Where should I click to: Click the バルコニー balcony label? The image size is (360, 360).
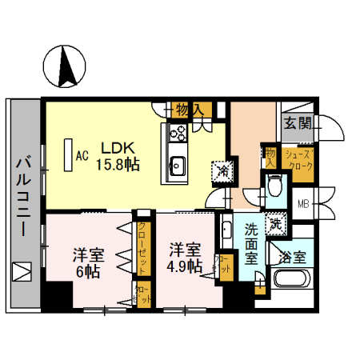(x=22, y=197)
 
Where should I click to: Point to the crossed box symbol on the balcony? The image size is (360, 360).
(x=22, y=271)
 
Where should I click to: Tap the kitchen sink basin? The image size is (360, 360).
(x=177, y=167)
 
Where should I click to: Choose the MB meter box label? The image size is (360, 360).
(x=303, y=203)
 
